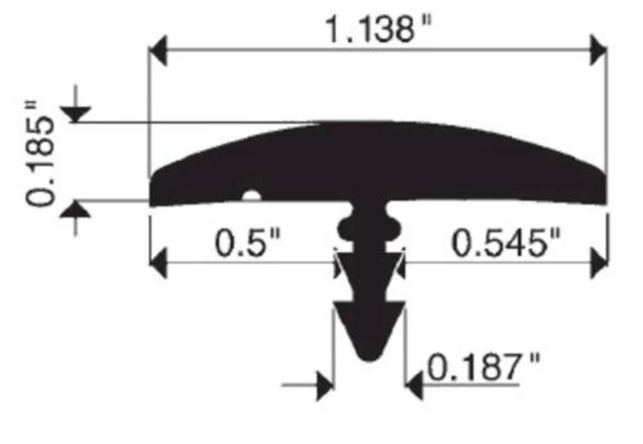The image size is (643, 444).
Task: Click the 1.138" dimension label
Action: point(379,29)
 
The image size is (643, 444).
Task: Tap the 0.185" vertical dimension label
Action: point(39,153)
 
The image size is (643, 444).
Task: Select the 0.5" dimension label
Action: point(247,243)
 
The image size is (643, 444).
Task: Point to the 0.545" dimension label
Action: point(505,243)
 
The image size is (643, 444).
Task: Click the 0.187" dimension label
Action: point(483,367)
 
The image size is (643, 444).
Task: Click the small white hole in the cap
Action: point(251,195)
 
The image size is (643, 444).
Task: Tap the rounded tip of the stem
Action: point(370,355)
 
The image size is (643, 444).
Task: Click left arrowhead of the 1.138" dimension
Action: point(158,51)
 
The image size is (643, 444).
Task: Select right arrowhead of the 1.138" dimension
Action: point(598,51)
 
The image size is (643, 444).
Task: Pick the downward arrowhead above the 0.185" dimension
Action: point(76,114)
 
